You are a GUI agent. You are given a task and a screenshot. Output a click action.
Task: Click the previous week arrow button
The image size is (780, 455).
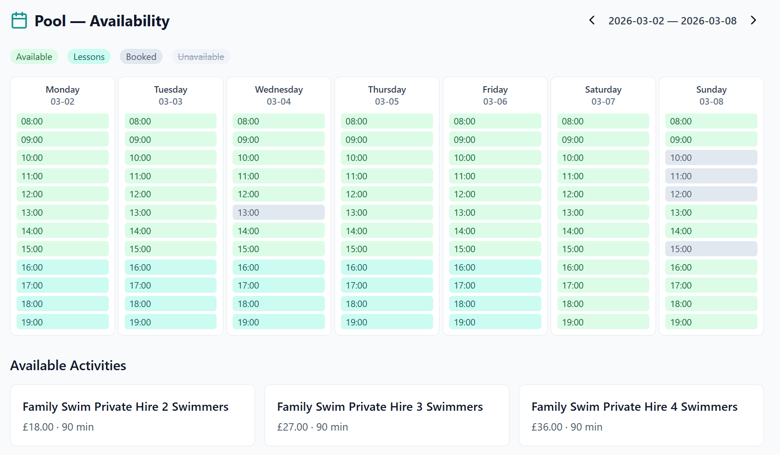592,20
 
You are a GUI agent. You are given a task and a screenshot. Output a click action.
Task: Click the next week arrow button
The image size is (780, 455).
753,20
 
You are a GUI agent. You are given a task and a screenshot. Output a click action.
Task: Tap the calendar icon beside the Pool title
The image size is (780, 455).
19,21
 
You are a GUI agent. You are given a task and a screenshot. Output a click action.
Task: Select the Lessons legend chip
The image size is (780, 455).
89,57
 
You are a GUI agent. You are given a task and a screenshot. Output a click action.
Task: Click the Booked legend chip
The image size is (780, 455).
141,57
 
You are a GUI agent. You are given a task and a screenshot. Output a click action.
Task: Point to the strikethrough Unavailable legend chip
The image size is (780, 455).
201,57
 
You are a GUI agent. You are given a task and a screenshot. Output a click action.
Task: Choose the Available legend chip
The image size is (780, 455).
34,57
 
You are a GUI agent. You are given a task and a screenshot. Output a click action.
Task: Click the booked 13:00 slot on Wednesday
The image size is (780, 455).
278,213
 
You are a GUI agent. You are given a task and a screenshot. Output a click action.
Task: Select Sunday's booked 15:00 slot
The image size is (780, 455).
711,249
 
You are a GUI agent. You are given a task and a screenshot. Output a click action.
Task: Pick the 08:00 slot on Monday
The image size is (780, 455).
62,121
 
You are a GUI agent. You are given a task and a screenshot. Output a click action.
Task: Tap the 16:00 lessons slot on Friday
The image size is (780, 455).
495,267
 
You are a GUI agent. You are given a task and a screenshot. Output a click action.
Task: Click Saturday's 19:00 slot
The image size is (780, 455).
603,322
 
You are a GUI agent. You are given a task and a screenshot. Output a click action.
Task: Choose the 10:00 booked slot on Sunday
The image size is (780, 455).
711,158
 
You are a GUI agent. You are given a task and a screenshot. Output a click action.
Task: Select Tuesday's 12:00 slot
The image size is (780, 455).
170,194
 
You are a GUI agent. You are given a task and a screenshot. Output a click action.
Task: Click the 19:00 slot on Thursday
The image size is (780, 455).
387,322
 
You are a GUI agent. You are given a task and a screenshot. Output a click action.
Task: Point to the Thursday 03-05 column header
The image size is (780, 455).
387,95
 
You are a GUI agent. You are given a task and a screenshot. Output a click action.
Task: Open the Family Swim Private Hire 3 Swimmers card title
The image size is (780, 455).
380,407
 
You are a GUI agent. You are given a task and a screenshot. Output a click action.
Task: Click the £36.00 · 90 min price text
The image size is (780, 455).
567,427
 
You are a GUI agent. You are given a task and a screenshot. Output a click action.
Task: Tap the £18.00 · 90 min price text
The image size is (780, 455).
58,427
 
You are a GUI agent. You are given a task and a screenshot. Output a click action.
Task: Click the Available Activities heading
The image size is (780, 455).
68,366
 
